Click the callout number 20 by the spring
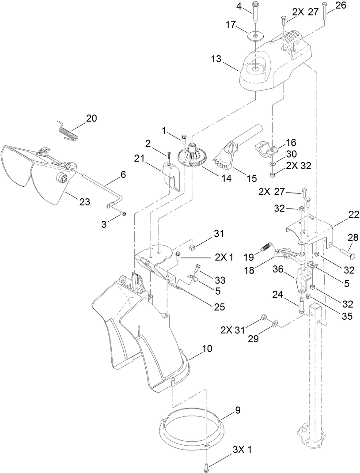91,118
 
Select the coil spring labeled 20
68,130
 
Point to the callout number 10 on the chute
207,348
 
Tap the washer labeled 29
276,324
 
